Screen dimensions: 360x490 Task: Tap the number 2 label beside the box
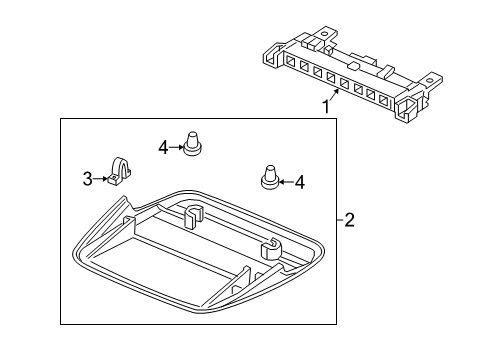coord(348,219)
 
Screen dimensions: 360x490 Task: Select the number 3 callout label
coord(87,179)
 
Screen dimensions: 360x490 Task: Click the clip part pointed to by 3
coord(120,173)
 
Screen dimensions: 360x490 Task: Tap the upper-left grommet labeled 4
coord(192,145)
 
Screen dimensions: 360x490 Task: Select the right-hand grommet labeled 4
coord(268,176)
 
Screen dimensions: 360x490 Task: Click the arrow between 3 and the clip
coord(101,179)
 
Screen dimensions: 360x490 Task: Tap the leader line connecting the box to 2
coord(335,219)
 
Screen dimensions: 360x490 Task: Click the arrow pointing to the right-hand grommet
coord(285,181)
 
